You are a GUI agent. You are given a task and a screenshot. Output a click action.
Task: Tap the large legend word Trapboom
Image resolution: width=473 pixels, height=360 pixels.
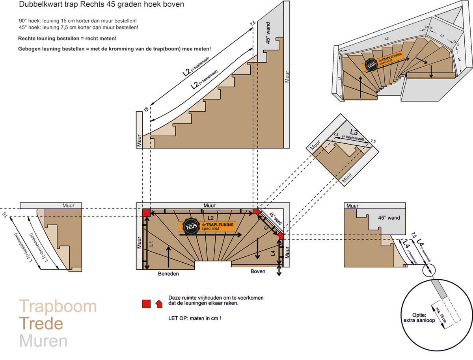[58, 306]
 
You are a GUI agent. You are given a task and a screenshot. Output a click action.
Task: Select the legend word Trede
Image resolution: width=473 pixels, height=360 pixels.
[41, 324]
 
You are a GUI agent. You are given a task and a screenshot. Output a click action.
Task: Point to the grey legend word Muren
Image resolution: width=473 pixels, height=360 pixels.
[43, 341]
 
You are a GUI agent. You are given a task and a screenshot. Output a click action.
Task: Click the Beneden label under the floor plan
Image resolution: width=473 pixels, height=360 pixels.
[168, 273]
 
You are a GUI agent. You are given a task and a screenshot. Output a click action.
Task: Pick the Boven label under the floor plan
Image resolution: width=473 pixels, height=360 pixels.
[258, 271]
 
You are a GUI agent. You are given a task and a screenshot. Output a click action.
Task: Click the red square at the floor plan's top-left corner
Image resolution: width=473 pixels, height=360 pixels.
[146, 213]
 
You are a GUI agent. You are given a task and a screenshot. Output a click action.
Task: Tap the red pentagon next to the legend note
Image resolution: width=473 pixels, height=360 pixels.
[159, 304]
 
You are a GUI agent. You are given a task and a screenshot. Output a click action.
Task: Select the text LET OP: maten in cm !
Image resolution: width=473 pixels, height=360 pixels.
[195, 317]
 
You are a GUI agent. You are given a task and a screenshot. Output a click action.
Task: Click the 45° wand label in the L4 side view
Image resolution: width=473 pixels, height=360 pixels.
[389, 218]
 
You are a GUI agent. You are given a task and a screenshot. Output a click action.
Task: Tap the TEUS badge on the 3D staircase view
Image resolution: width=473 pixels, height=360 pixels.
[371, 65]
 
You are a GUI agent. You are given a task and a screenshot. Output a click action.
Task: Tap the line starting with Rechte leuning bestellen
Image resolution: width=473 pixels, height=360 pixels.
[67, 39]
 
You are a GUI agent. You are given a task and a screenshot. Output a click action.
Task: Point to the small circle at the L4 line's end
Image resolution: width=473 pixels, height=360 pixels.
[428, 270]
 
